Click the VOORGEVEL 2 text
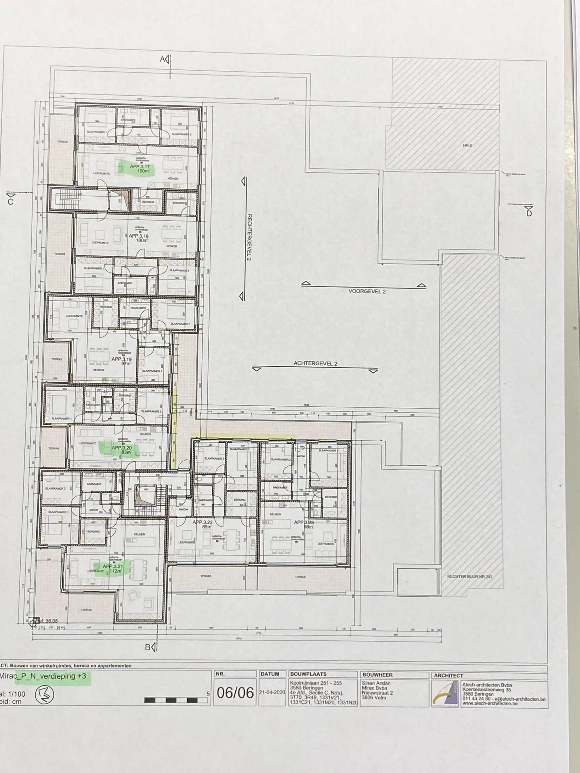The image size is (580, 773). [367, 291]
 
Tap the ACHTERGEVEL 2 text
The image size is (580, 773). [315, 363]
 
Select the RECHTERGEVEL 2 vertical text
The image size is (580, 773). [249, 237]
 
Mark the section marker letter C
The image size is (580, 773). [11, 202]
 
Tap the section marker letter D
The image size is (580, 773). [529, 213]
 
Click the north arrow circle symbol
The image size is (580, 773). [44, 694]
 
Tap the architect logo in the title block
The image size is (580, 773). [445, 694]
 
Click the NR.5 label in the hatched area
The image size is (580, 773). [467, 145]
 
